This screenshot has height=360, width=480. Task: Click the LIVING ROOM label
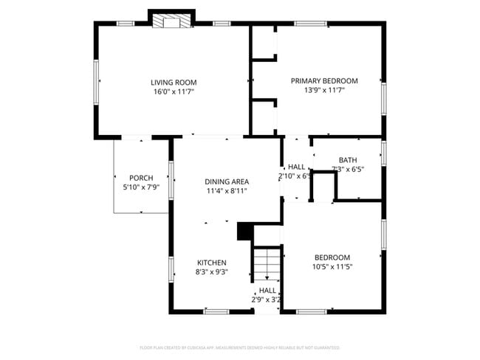tap(174, 82)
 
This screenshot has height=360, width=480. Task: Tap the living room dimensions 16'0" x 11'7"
tap(174, 91)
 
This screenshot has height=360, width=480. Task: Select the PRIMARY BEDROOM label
tap(323, 81)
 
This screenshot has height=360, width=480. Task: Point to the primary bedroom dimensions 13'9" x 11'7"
tap(323, 90)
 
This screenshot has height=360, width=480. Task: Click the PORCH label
tap(141, 178)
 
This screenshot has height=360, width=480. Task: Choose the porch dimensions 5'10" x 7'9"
tap(141, 187)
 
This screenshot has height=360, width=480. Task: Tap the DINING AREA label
tap(226, 181)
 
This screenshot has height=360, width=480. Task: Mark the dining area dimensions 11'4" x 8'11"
tap(226, 191)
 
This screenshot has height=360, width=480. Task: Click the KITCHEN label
tap(211, 263)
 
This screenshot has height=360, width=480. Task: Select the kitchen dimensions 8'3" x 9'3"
tap(211, 271)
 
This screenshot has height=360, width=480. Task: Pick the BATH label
tap(348, 160)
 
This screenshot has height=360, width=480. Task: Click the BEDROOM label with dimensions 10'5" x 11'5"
tap(332, 257)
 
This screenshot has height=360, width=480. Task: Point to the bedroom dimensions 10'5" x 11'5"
tap(332, 266)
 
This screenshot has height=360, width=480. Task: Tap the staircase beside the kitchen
tap(267, 263)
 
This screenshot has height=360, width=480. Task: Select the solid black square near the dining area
tap(244, 232)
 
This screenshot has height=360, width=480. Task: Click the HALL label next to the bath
tap(296, 167)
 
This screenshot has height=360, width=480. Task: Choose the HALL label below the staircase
tap(267, 291)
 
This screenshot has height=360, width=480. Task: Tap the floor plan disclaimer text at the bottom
tap(239, 347)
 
